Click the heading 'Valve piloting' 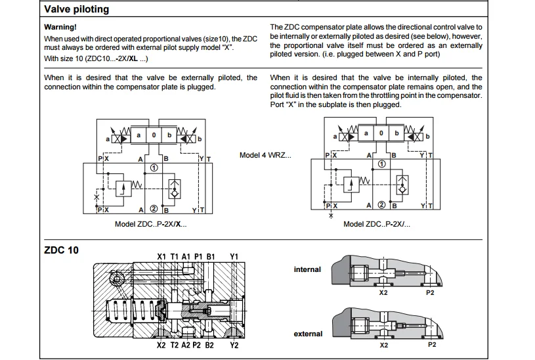tap(76, 10)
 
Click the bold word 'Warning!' tap(60, 27)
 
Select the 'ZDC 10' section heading tap(61, 250)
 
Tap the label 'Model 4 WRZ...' tap(265, 156)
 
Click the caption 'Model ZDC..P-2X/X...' tap(150, 224)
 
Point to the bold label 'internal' tap(307, 269)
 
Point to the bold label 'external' tap(308, 334)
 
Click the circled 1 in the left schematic tap(153, 168)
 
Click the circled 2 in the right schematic tap(381, 206)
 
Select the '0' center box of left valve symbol tap(153, 135)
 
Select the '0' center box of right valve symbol tap(381, 133)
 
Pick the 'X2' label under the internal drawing tap(383, 293)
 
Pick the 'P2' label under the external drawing tap(431, 344)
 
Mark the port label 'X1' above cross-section tap(161, 256)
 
